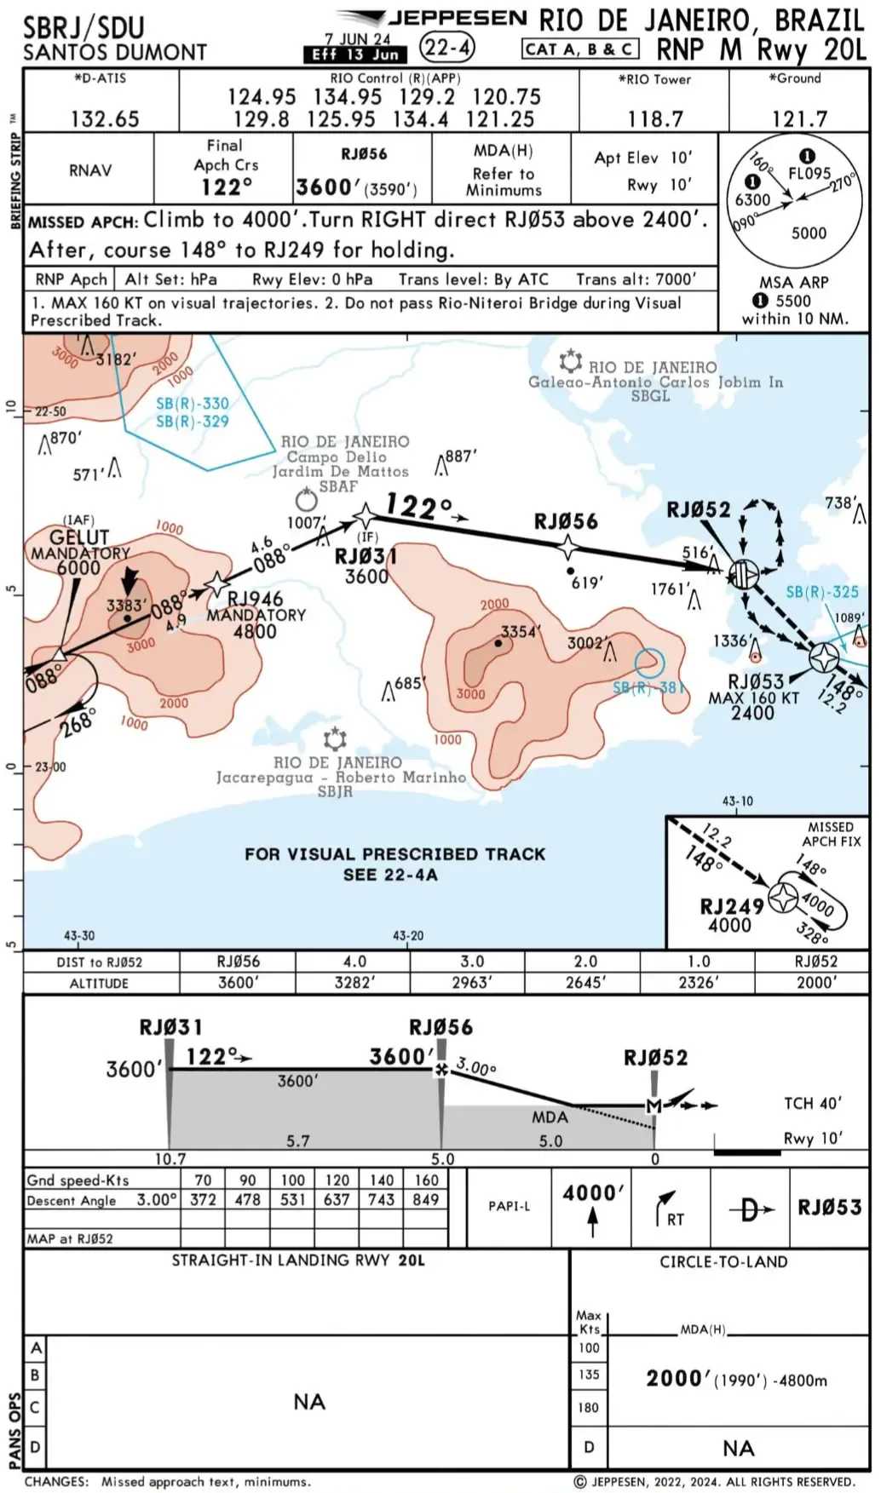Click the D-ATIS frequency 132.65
click(x=104, y=118)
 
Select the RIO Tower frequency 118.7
click(x=654, y=118)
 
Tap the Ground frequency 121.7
click(x=798, y=118)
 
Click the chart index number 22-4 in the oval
click(x=447, y=48)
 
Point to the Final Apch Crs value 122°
click(x=226, y=187)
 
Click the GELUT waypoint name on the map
click(x=79, y=537)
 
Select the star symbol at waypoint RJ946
click(x=217, y=583)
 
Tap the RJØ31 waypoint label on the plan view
click(x=366, y=556)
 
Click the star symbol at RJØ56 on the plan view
click(x=567, y=547)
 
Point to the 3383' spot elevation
click(x=126, y=606)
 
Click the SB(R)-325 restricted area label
click(x=821, y=592)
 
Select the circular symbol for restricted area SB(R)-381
click(x=649, y=663)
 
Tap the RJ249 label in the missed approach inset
click(x=732, y=905)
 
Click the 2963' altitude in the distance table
click(x=471, y=982)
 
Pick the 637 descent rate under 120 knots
click(x=337, y=1199)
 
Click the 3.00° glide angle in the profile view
click(x=476, y=1067)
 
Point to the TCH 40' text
click(x=812, y=1103)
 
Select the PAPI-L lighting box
click(x=509, y=1206)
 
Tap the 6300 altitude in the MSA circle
click(x=752, y=200)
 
